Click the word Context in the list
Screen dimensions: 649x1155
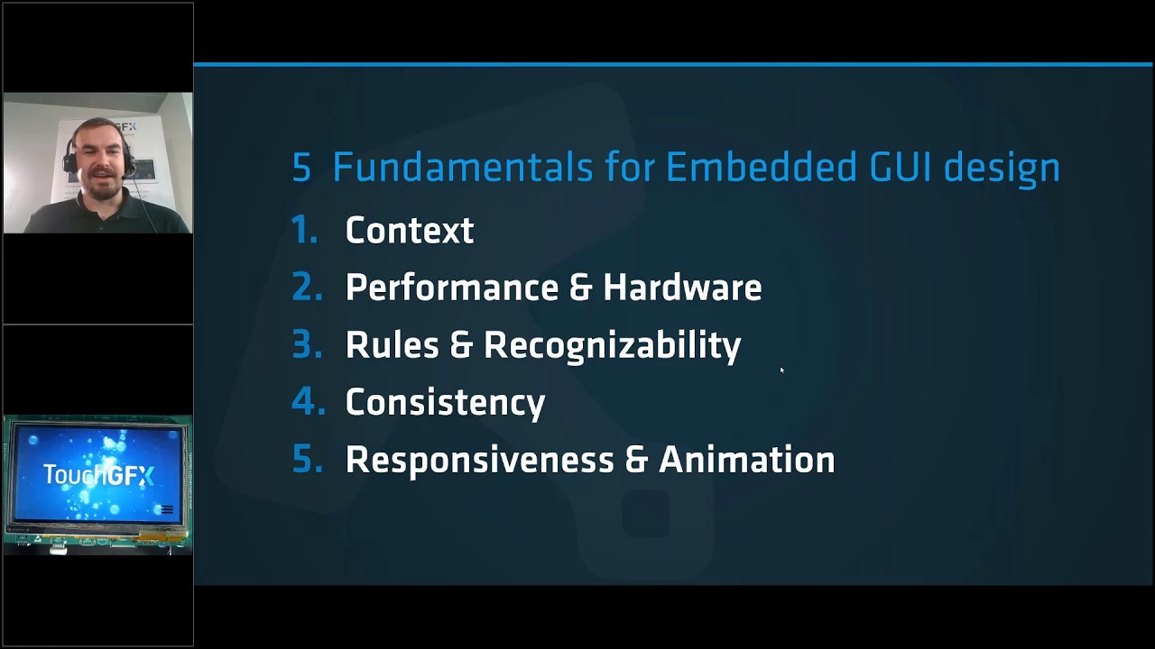409,231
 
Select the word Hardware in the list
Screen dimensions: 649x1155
682,288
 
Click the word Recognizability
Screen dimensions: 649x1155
612,345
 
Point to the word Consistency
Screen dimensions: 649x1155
445,403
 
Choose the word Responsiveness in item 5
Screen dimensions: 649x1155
478,460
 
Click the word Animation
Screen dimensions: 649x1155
746,460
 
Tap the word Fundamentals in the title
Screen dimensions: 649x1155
462,168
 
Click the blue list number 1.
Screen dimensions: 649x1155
304,231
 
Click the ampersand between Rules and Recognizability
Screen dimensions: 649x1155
460,345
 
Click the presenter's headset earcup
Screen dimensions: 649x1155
69,161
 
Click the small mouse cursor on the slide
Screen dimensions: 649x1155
781,370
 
